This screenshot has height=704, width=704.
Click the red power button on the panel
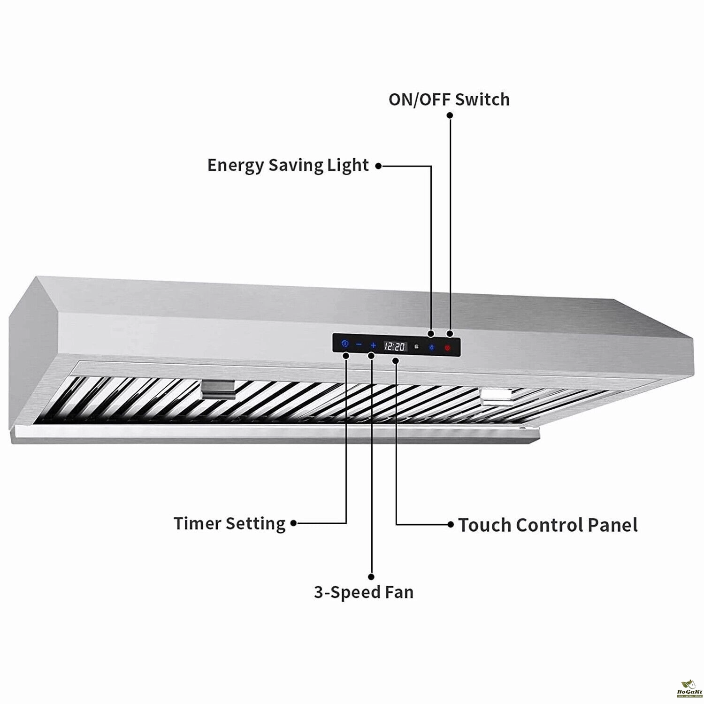[x=448, y=348]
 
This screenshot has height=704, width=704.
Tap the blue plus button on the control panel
[x=373, y=345]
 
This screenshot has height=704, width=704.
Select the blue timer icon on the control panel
[x=345, y=344]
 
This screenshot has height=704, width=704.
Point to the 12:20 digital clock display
[x=395, y=347]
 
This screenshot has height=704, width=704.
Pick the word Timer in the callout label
[x=197, y=523]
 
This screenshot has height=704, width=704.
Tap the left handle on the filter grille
[x=218, y=389]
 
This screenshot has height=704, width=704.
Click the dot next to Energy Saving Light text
[x=378, y=166]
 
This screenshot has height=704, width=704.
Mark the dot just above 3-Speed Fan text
[x=372, y=576]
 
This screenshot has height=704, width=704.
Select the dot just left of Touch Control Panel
[x=451, y=524]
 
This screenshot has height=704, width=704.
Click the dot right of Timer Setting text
[x=294, y=523]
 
